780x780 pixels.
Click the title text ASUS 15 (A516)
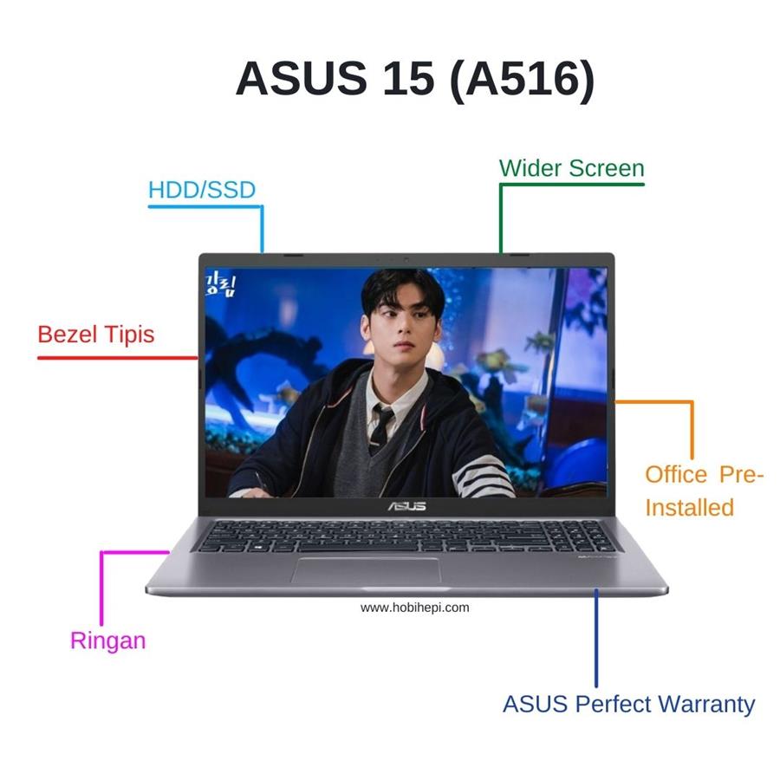click(x=415, y=78)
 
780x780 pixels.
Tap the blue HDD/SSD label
click(x=202, y=190)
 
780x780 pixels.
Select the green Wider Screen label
click(x=571, y=168)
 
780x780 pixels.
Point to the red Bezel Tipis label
click(x=96, y=334)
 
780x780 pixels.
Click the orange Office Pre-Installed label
click(x=704, y=491)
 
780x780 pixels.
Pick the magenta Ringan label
click(x=107, y=641)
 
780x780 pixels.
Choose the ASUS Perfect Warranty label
click(x=628, y=704)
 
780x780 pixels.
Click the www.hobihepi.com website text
click(x=414, y=608)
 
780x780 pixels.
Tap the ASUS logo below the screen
click(x=406, y=505)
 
